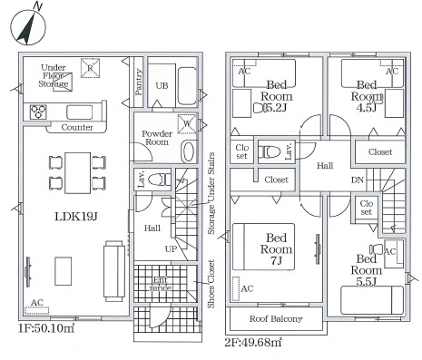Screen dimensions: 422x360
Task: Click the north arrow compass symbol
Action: point(28,25)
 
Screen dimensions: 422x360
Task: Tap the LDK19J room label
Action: point(76,217)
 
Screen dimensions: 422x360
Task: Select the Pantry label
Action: point(138,82)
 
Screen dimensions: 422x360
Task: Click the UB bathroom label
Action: point(162,86)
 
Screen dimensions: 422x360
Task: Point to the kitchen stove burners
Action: point(38,112)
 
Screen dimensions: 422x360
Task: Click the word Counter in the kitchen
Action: point(77,127)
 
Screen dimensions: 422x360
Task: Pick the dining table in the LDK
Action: point(78,173)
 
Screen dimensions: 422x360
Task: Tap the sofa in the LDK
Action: point(114,271)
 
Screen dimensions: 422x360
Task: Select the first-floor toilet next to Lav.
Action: point(160,180)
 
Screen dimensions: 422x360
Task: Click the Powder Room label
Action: point(157,138)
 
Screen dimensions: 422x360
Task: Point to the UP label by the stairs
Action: point(171,249)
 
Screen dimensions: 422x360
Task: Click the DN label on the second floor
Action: point(358,180)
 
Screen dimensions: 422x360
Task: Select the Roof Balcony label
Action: point(276,318)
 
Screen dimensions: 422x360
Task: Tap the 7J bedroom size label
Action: point(277,260)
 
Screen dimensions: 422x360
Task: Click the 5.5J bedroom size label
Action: point(366,281)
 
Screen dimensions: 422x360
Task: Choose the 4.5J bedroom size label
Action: point(367,108)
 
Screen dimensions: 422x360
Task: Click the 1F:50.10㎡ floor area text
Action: point(46,328)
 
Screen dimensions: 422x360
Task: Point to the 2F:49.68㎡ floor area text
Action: point(253,342)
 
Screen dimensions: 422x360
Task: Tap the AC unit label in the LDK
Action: point(37,302)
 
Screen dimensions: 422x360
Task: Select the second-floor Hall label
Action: point(325,166)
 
